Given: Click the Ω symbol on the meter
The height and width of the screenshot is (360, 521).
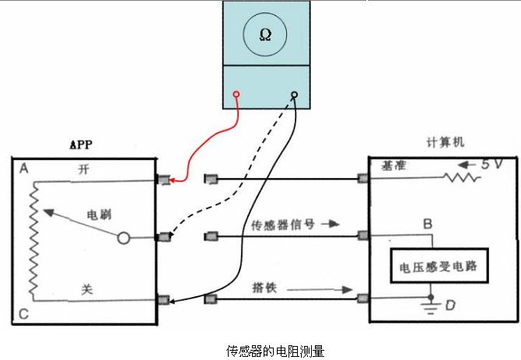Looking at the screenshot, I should tap(264, 35).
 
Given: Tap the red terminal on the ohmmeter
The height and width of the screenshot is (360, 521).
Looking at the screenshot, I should tap(236, 96).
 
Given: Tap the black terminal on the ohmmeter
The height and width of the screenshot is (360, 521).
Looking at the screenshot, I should tap(294, 96).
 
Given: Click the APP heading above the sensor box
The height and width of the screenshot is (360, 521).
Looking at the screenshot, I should tap(83, 145).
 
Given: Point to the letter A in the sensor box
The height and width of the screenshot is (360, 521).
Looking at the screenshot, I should tap(24, 169).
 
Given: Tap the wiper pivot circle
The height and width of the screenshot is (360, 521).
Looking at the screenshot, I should tap(123, 238).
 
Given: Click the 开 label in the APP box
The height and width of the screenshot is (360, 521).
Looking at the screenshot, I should tap(85, 169).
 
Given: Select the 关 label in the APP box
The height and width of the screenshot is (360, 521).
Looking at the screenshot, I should tap(88, 288).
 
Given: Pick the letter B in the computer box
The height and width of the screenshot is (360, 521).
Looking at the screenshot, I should tap(427, 224).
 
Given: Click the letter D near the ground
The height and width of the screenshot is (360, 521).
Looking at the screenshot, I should tap(449, 305).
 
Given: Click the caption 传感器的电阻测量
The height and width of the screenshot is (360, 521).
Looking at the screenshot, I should tap(264, 350).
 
